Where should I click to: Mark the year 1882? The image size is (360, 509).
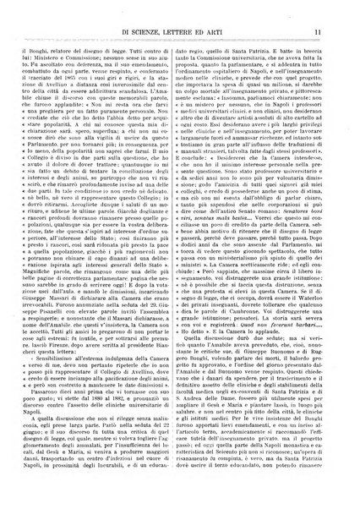click(135, 424)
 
